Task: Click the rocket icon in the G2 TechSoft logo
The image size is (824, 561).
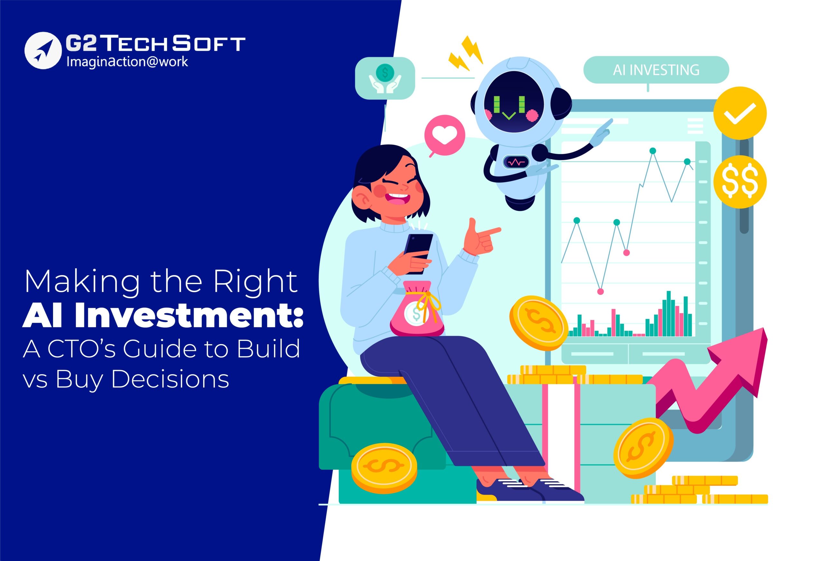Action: (x=43, y=50)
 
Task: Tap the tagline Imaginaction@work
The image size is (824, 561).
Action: (x=127, y=62)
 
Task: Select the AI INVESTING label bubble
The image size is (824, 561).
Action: (x=656, y=70)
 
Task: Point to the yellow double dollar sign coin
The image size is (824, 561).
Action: (x=740, y=182)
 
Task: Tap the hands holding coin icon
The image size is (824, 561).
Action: (x=385, y=78)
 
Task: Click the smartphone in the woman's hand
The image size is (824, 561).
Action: (x=418, y=254)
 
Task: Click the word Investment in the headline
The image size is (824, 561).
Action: (x=189, y=315)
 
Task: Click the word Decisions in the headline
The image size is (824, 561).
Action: (x=170, y=379)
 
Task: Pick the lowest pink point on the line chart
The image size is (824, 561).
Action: (x=600, y=292)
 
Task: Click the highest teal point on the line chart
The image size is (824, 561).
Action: (x=653, y=151)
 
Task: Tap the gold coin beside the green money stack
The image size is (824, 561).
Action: (x=384, y=468)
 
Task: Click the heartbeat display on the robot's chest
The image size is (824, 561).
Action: (x=516, y=162)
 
